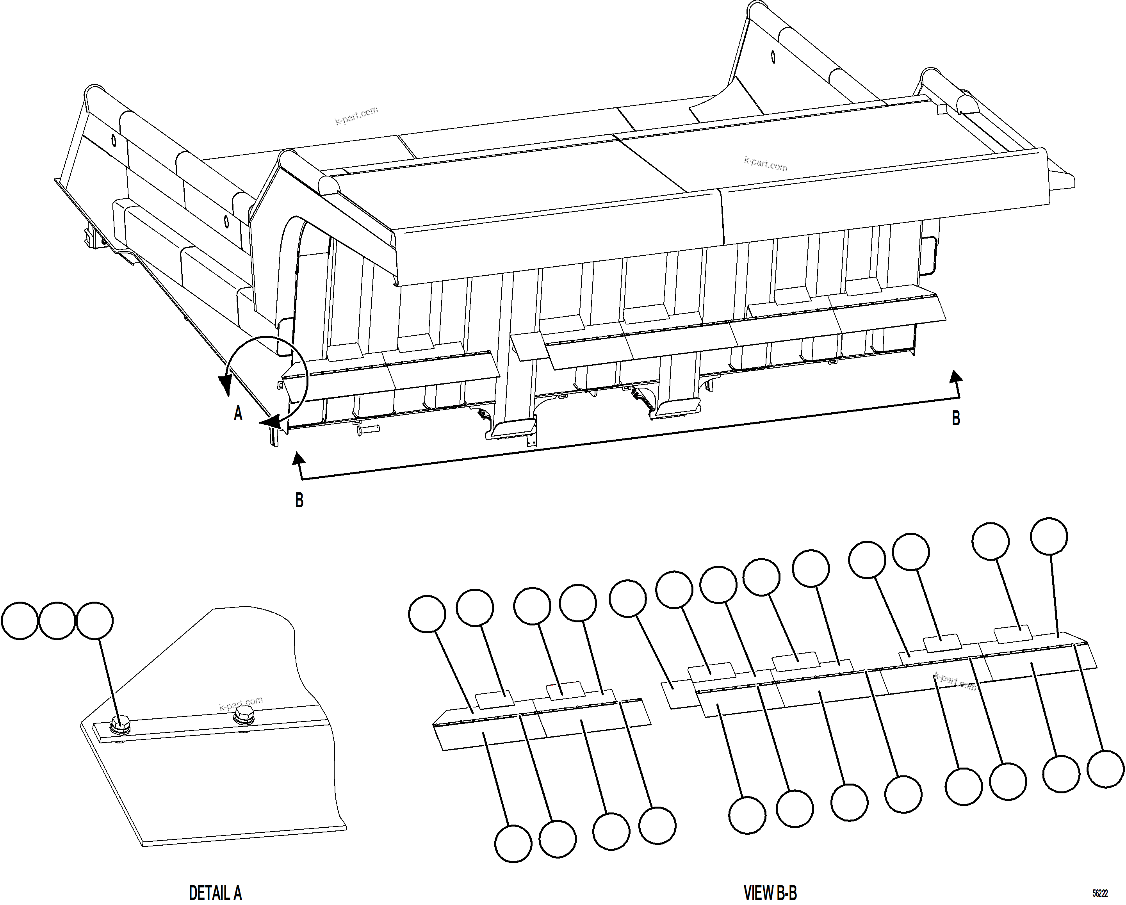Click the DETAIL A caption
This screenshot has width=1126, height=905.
point(215,893)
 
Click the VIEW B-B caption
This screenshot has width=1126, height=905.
point(770,893)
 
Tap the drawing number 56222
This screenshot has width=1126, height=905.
point(1100,894)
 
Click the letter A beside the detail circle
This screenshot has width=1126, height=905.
point(238,413)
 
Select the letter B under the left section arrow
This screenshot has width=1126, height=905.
point(299,500)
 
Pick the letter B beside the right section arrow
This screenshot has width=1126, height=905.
point(956,418)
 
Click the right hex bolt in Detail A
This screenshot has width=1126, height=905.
point(243,715)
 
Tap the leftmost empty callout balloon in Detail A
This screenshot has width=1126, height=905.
point(20,621)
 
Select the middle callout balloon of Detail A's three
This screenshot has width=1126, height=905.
point(57,621)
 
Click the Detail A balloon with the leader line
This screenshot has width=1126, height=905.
point(94,621)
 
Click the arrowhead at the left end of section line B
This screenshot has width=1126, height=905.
point(298,458)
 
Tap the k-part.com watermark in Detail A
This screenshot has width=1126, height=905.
point(241,704)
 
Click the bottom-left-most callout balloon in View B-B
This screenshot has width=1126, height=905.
point(513,843)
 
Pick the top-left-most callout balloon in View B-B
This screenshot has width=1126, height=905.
point(427,614)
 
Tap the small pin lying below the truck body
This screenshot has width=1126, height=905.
point(369,430)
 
